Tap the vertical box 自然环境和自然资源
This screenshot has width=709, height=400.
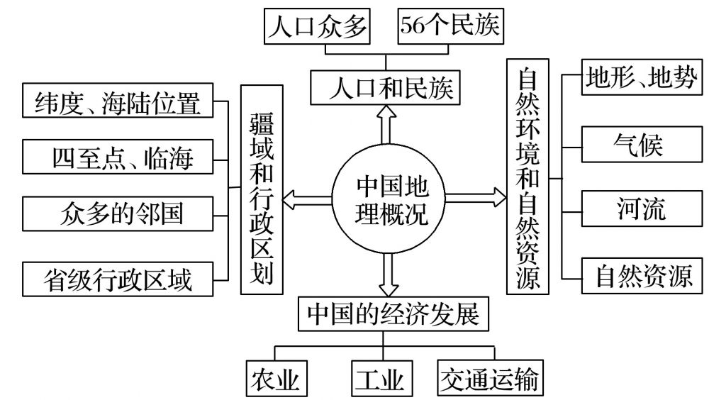[x=527, y=177]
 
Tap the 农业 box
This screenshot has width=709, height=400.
[x=277, y=379]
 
